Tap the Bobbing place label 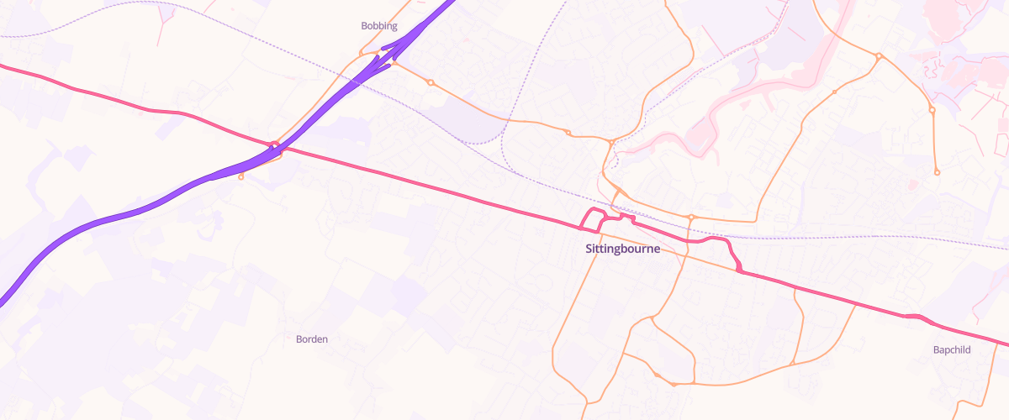click(378, 26)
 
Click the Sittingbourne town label click(622, 249)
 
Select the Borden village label click(312, 339)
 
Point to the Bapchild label click(952, 349)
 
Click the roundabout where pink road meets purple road click(273, 147)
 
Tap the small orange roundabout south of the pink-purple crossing click(241, 176)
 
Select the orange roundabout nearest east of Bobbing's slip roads click(430, 82)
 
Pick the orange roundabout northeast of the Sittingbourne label click(690, 218)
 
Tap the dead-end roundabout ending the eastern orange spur click(937, 172)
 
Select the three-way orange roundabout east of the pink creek click(878, 56)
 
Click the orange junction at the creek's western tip click(610, 144)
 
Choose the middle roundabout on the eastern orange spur click(932, 110)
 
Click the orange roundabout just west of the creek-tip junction click(568, 133)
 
